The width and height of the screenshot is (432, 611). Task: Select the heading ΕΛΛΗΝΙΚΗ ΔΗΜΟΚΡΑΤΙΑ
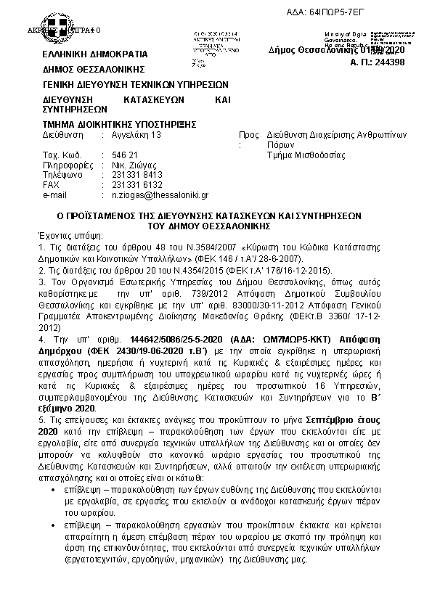click(x=95, y=54)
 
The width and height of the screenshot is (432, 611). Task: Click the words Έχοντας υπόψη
click(x=70, y=236)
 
